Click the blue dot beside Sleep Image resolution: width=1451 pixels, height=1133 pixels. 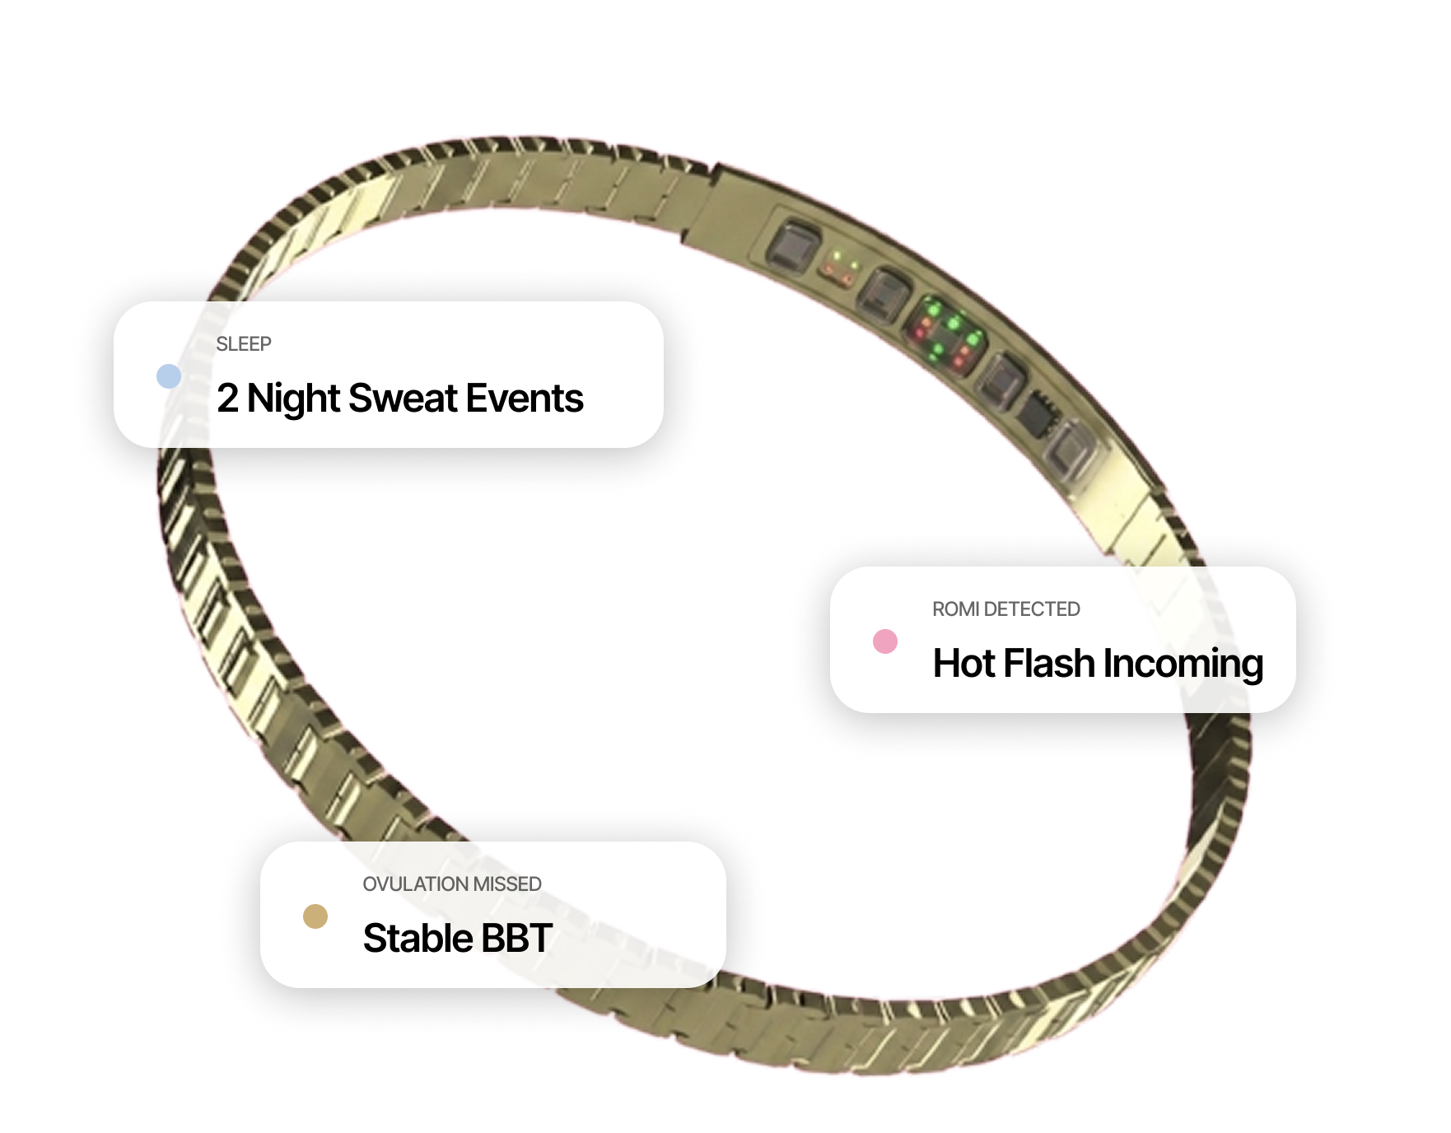pyautogui.click(x=169, y=376)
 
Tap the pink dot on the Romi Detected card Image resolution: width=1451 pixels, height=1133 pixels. pyautogui.click(x=885, y=641)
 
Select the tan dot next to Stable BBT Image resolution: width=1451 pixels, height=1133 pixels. pyautogui.click(x=315, y=916)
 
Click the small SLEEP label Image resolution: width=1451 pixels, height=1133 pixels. pyautogui.click(x=244, y=344)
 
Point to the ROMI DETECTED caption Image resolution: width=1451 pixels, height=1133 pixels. pyautogui.click(x=1005, y=609)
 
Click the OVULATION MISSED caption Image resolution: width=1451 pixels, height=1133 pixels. pyautogui.click(x=452, y=884)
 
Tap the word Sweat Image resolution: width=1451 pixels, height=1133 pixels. pyautogui.click(x=403, y=399)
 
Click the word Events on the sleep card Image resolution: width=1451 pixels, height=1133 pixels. pyautogui.click(x=525, y=399)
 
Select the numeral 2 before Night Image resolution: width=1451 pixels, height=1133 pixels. pyautogui.click(x=227, y=399)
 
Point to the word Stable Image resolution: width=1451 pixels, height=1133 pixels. pyautogui.click(x=418, y=939)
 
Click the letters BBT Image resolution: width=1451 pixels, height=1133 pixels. pyautogui.click(x=516, y=939)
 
